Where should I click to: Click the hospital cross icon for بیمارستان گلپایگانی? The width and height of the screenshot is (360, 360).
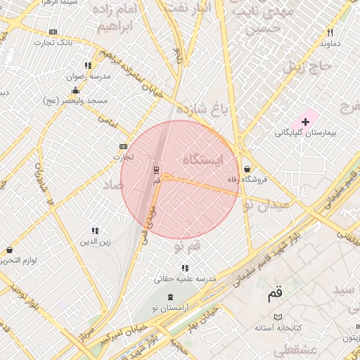pos(305,122)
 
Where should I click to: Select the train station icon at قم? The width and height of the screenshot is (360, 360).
pos(157,170)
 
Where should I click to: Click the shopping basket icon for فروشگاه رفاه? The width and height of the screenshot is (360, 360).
pos(247,169)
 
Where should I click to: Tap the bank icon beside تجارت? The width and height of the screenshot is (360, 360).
pos(124,146)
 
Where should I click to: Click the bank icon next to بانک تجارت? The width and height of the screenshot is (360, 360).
pos(53,32)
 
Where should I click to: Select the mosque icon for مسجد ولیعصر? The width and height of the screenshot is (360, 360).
pos(76,90)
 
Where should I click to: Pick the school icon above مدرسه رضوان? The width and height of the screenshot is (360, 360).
pos(88,65)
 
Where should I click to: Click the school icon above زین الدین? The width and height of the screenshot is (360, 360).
pos(95,231)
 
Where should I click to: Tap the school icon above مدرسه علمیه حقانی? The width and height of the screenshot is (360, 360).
pos(185,268)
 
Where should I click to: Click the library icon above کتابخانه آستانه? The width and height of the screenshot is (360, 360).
pos(278,318)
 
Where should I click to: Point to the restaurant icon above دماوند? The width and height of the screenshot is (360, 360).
pos(329,32)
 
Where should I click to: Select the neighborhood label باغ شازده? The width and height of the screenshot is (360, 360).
pos(203,109)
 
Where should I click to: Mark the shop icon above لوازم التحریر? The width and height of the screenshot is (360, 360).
pos(9,250)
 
